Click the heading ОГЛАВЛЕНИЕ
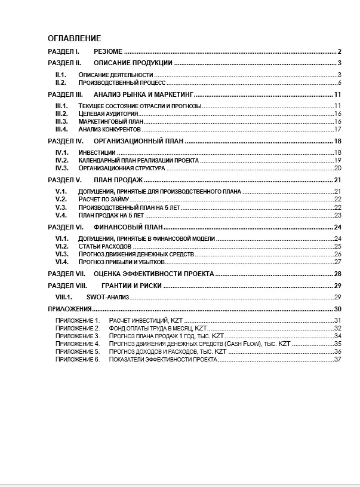click(x=74, y=38)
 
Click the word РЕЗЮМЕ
click(x=108, y=51)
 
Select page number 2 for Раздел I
click(x=339, y=51)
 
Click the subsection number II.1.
click(x=60, y=74)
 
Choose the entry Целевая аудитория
click(x=108, y=114)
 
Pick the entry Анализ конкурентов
click(x=109, y=129)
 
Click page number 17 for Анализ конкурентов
click(x=337, y=129)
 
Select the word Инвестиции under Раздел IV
click(x=97, y=153)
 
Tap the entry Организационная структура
click(x=122, y=169)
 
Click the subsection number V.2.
click(x=60, y=200)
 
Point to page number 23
click(x=337, y=215)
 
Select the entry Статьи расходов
click(x=104, y=246)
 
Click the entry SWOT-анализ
click(x=107, y=297)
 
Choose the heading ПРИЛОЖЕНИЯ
click(x=69, y=309)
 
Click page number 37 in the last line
click(x=337, y=359)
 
